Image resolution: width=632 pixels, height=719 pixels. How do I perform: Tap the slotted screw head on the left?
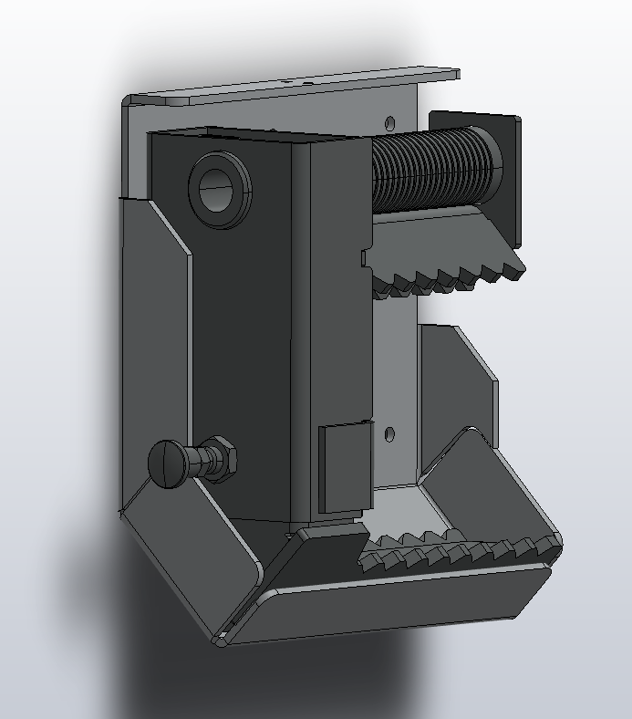pos(167,463)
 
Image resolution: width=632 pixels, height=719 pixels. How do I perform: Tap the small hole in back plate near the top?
pos(390,122)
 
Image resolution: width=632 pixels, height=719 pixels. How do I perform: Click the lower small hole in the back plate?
pos(389,434)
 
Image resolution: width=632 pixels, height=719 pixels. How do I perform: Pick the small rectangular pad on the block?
pos(344,467)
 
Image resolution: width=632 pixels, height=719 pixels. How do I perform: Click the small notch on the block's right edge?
pos(366,258)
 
